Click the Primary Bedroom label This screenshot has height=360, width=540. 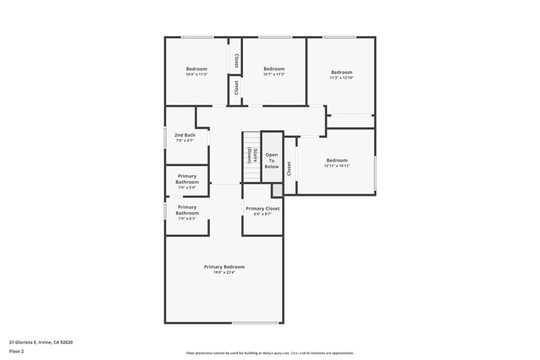point(224,267)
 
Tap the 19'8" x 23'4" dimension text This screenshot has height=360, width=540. point(224,273)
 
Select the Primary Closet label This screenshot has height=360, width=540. point(263,209)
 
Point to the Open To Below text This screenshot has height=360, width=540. point(272,161)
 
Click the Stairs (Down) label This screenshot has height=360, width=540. point(252,155)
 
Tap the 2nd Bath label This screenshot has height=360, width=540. point(185,135)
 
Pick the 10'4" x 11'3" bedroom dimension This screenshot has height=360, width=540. point(196,74)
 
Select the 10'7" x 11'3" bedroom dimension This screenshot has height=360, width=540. point(274,74)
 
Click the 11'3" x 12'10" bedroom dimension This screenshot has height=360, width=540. point(341,78)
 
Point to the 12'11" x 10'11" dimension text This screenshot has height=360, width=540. point(337,166)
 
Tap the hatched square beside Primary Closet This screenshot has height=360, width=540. point(277,190)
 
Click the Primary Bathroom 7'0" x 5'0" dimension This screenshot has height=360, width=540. point(187,188)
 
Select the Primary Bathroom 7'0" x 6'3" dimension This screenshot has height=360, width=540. point(187,218)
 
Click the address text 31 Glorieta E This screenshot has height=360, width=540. point(41,342)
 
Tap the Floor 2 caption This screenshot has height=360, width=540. point(16,351)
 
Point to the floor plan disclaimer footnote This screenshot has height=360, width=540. point(269,353)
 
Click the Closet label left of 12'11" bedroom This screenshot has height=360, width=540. point(289,168)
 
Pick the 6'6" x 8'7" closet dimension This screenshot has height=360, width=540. point(263,214)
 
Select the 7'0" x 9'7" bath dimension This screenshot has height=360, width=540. point(185,141)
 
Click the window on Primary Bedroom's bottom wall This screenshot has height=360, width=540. point(255,323)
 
